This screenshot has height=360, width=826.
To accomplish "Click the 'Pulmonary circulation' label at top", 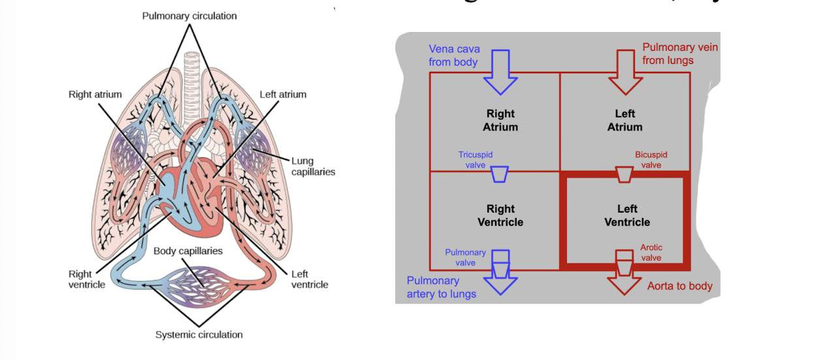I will pyautogui.click(x=190, y=15).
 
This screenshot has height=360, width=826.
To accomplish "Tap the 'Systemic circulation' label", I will pyautogui.click(x=198, y=335).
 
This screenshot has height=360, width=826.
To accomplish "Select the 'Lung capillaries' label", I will pyautogui.click(x=313, y=166).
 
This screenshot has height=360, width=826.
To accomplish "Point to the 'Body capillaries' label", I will pyautogui.click(x=188, y=251).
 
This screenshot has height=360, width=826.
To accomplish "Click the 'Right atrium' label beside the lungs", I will pyautogui.click(x=95, y=95).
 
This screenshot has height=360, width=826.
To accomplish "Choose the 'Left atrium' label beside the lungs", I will pyautogui.click(x=283, y=95).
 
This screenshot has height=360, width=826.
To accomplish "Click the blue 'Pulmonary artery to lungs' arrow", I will pyautogui.click(x=500, y=280).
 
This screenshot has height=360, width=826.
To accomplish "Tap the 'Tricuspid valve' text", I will pyautogui.click(x=476, y=160).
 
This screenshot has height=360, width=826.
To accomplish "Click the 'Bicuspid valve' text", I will pyautogui.click(x=650, y=160).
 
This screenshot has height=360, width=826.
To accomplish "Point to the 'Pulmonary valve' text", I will pyautogui.click(x=465, y=257).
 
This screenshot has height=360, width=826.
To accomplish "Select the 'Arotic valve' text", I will pyautogui.click(x=650, y=252).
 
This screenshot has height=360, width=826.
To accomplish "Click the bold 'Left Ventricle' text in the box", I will pyautogui.click(x=627, y=216).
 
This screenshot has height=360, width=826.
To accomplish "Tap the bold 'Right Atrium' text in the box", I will pyautogui.click(x=500, y=121).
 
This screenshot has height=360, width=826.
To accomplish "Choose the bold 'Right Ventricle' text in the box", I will pyautogui.click(x=500, y=216).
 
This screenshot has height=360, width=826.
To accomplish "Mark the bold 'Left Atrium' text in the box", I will pyautogui.click(x=624, y=121).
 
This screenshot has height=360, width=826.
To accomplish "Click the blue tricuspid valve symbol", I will pyautogui.click(x=500, y=174).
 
